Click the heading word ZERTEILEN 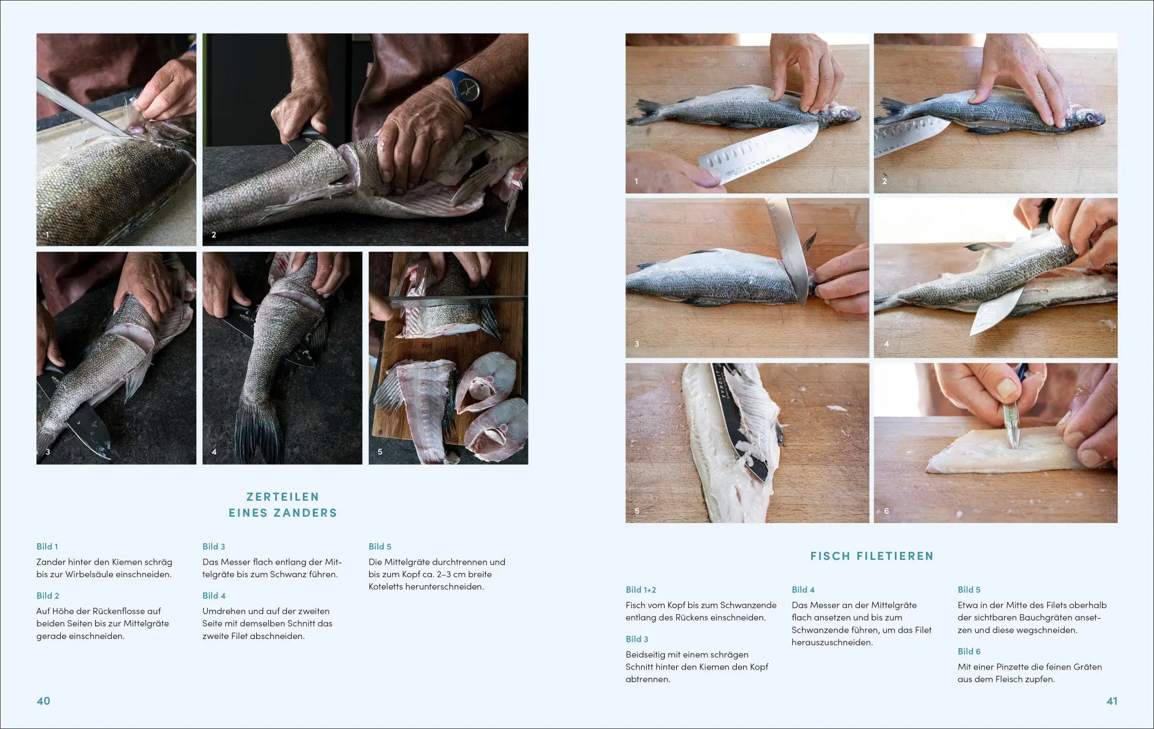coord(283,497)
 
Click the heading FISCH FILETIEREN coord(872,556)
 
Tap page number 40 coord(43,701)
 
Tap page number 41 coord(1111,701)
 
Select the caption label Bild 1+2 coord(640,590)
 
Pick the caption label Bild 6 coord(969,651)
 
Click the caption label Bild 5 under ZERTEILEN coord(380,547)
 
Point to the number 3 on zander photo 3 coord(48,452)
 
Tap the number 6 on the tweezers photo coord(886,511)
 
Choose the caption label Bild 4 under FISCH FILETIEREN coord(803,590)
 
